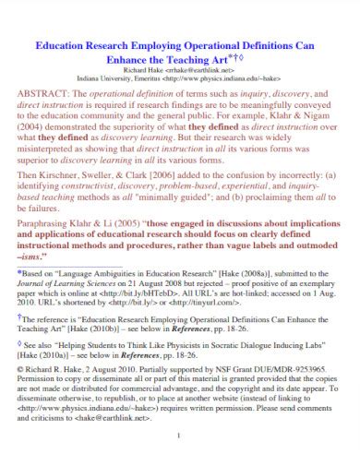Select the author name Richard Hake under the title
tap(149, 69)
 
